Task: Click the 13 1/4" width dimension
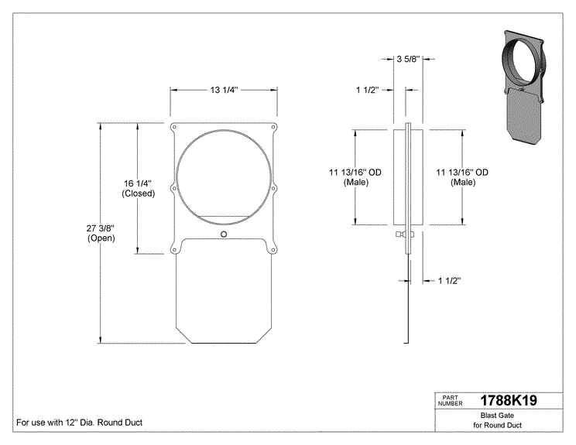[224, 90]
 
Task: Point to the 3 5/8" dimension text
[408, 59]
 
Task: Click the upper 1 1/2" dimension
[367, 90]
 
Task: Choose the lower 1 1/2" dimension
[450, 281]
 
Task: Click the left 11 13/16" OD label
[355, 177]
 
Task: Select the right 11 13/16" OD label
[462, 177]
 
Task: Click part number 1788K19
[509, 400]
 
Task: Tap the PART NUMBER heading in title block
[450, 401]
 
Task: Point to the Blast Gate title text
[497, 416]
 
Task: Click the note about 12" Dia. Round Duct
[79, 423]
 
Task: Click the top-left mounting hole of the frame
[174, 128]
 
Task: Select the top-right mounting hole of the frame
[273, 128]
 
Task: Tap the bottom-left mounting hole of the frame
[174, 250]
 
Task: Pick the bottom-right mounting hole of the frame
[273, 250]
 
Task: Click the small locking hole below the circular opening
[224, 234]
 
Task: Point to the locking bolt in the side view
[405, 234]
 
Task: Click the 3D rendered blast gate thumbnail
[523, 87]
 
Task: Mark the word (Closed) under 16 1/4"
[139, 193]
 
